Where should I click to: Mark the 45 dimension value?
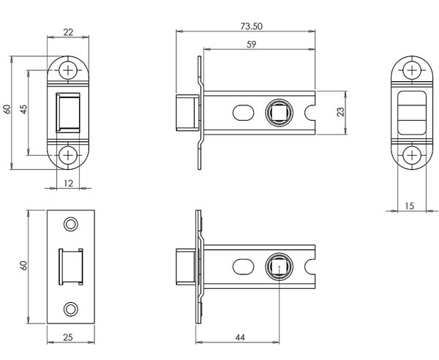point(23,110)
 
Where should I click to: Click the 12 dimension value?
point(67,183)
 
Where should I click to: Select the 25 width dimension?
point(67,337)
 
